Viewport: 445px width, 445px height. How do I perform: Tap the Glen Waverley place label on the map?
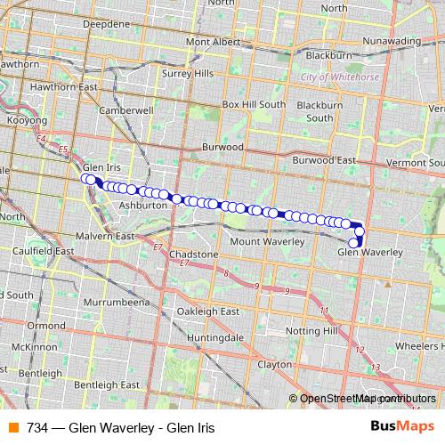(370, 253)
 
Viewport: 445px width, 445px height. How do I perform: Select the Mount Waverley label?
(267, 241)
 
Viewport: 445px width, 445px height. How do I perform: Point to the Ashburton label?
(142, 204)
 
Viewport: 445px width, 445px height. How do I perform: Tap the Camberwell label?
(126, 111)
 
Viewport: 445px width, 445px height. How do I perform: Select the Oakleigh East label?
(207, 311)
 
